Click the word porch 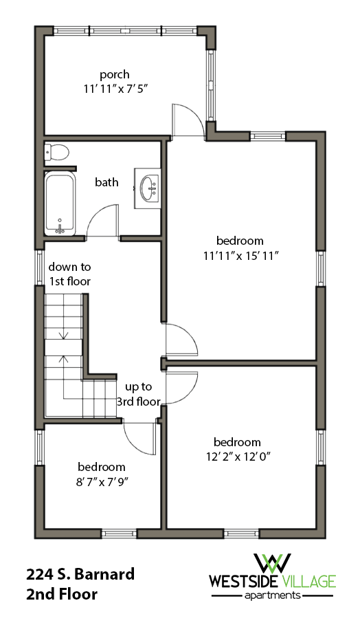[x=114, y=74]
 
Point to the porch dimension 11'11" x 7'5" [x=114, y=88]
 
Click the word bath [x=106, y=182]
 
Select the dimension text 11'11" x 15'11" [x=240, y=255]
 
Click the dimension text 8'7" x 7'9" [x=101, y=481]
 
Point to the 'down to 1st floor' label [x=69, y=274]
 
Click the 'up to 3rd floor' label [x=142, y=394]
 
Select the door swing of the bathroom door [x=104, y=221]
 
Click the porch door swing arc [x=187, y=120]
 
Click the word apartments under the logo [x=273, y=595]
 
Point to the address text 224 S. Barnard [x=80, y=575]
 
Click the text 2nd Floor [x=63, y=594]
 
